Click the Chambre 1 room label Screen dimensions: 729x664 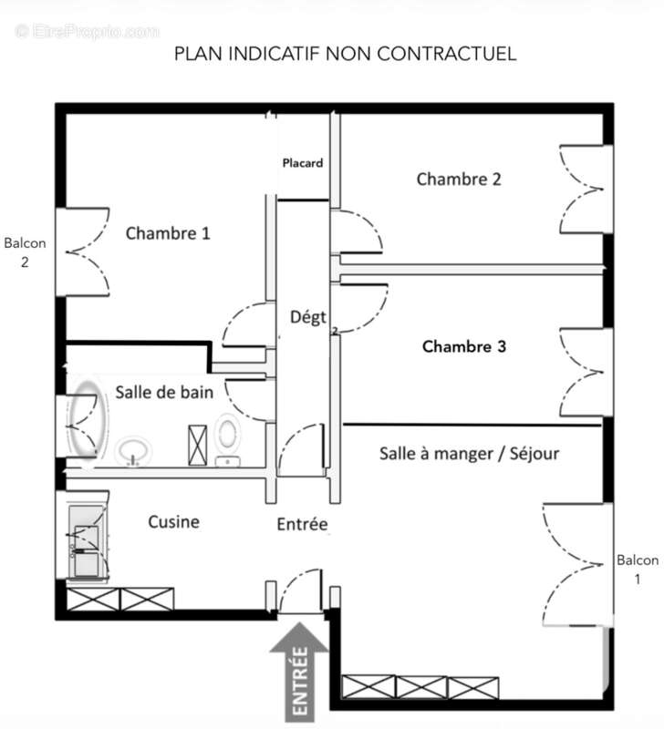pyautogui.click(x=168, y=233)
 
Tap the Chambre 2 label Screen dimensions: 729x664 pyautogui.click(x=459, y=179)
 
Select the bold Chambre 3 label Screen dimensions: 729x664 pyautogui.click(x=464, y=347)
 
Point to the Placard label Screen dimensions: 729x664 pyautogui.click(x=302, y=164)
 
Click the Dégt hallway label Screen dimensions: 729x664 pyautogui.click(x=308, y=318)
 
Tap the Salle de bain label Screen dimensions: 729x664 pyautogui.click(x=164, y=393)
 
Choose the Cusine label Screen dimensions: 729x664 pyautogui.click(x=173, y=522)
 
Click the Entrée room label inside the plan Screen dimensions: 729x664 pyautogui.click(x=302, y=525)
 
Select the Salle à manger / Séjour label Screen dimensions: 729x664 pyautogui.click(x=469, y=453)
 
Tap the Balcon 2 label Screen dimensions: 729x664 pyautogui.click(x=25, y=252)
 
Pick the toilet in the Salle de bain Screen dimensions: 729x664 pyautogui.click(x=228, y=439)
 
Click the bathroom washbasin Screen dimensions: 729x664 pyautogui.click(x=135, y=448)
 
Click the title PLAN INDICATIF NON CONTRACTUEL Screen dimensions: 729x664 pyautogui.click(x=345, y=54)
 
